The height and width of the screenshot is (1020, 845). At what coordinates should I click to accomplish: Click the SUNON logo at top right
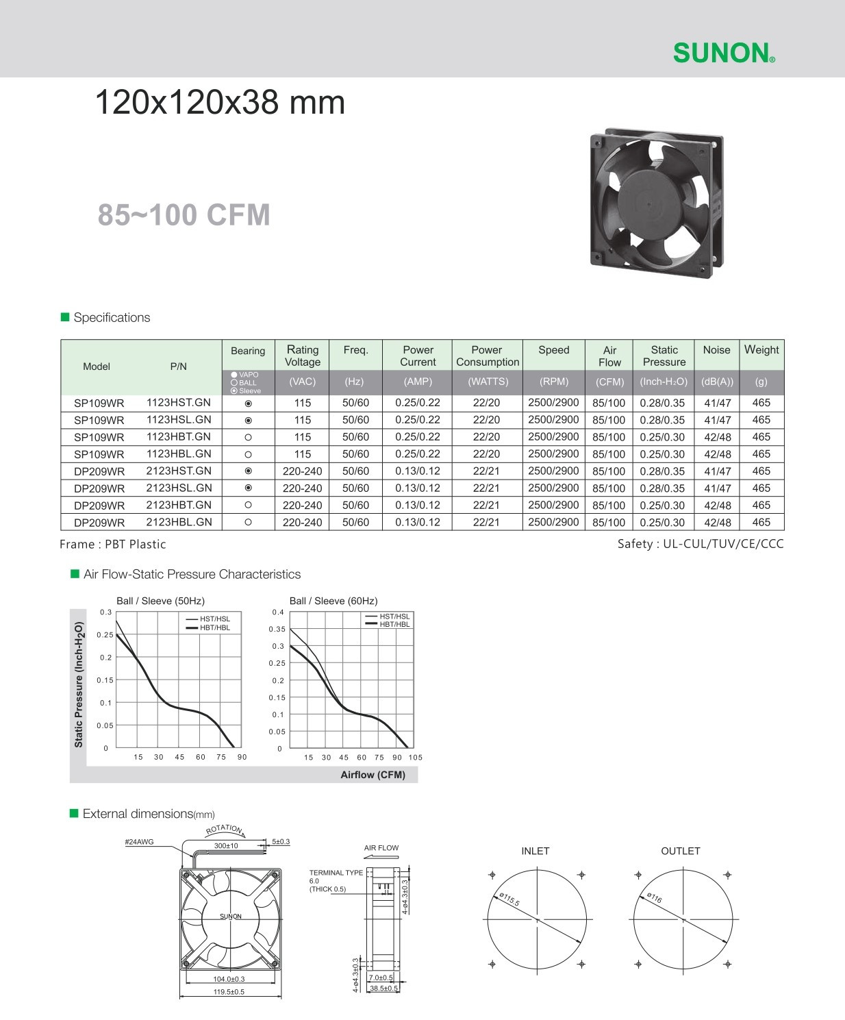(x=724, y=53)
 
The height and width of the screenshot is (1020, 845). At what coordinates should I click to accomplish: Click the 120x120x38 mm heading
(x=220, y=103)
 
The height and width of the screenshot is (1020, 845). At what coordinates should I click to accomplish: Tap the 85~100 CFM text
(x=184, y=214)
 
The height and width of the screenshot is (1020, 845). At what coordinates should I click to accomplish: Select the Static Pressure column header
(x=664, y=356)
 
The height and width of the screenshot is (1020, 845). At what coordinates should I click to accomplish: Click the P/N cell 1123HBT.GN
(x=179, y=437)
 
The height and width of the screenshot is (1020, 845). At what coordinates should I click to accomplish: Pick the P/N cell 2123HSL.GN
(x=179, y=488)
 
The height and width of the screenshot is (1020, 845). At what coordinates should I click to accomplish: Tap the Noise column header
(x=716, y=350)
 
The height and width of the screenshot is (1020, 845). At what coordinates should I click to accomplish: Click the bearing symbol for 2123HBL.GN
(x=248, y=522)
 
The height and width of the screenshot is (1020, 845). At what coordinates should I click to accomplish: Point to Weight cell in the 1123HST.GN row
(x=761, y=403)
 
